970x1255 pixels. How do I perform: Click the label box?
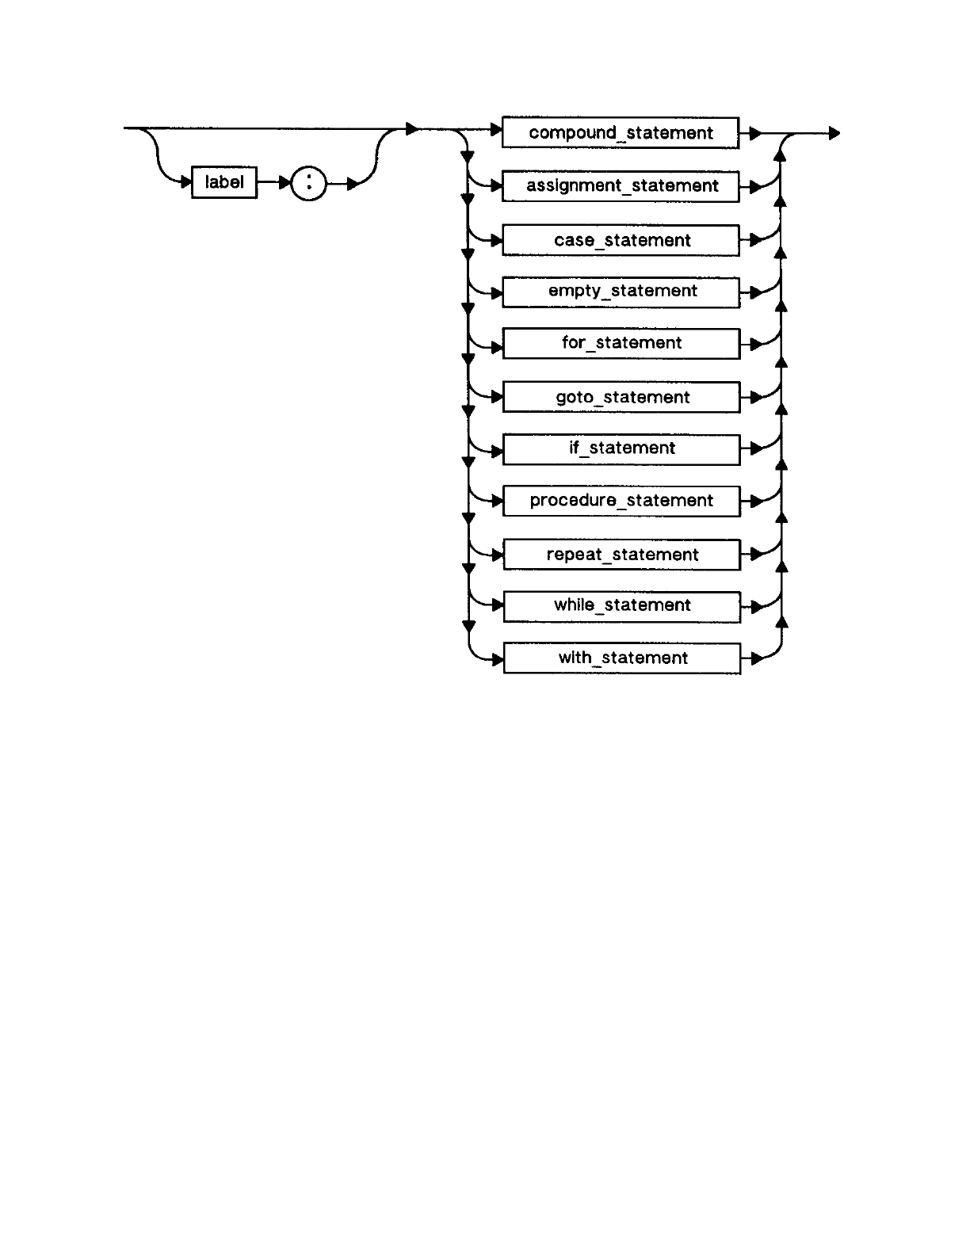coord(224,182)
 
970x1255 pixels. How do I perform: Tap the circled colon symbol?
coord(309,185)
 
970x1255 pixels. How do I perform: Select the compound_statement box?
coord(621,132)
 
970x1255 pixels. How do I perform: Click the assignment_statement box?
coord(621,186)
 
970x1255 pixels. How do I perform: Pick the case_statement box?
coord(621,240)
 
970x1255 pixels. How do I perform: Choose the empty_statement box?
coord(621,291)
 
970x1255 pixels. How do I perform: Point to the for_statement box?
coord(621,343)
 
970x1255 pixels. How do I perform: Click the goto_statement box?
coord(622,397)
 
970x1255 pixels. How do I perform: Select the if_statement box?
coord(622,448)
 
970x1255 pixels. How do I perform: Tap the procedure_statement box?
coord(622,501)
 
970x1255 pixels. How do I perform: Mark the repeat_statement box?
coord(622,555)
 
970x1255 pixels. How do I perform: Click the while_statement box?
coord(622,605)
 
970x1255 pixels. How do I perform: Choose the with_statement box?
coord(622,658)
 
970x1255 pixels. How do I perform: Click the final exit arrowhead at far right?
coord(834,134)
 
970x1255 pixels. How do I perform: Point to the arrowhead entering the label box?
coord(186,183)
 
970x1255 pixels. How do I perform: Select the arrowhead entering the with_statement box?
coord(498,659)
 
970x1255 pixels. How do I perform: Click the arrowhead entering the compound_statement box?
coord(497,129)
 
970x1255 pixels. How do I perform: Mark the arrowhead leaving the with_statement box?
coord(756,658)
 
